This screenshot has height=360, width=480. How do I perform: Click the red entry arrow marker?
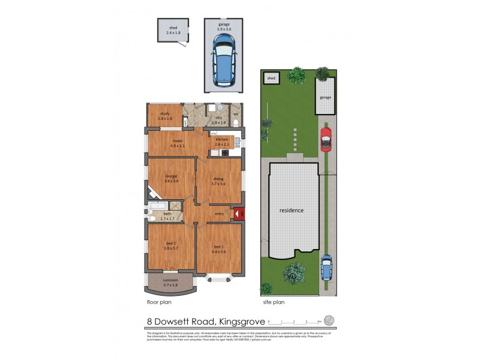pos(238,213)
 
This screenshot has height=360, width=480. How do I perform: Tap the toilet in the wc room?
pos(236,122)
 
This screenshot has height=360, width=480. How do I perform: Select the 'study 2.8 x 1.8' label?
pos(165,116)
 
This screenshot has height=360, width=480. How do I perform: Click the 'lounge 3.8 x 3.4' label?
pos(171,178)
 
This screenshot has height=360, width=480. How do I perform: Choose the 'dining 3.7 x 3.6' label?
pos(218,181)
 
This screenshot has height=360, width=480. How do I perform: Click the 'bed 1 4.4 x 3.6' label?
pos(218,249)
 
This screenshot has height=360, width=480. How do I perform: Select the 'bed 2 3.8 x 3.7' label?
pos(171,245)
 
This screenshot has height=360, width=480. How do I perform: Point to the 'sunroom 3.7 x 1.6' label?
pos(170,283)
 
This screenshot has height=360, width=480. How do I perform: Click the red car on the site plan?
pos(326,139)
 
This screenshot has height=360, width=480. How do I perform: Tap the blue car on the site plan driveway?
pos(326,268)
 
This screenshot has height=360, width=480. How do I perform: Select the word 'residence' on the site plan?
pos(290,211)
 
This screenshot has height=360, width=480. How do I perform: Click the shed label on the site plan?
pos(271,78)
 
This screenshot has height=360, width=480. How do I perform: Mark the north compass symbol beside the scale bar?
pos(327,319)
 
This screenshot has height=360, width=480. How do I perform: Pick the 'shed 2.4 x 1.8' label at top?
pos(173,30)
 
